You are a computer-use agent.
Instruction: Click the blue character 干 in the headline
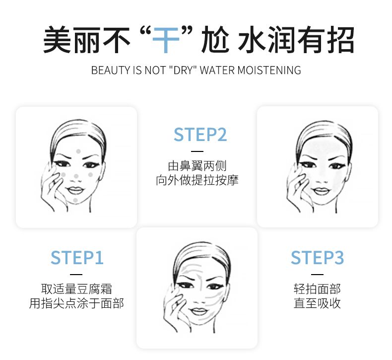166,40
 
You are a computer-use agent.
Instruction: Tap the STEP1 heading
77,258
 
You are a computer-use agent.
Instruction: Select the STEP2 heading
200,135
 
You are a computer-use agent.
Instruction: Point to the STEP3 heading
317,258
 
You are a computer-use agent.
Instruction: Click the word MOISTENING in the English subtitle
269,71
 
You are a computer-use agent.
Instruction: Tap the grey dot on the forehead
78,151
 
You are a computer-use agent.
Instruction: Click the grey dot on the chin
75,200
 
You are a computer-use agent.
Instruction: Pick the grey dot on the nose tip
76,176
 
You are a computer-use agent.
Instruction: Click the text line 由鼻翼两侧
197,166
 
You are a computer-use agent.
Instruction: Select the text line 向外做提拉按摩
197,180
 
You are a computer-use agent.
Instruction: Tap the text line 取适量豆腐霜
76,289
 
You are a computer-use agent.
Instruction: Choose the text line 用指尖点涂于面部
76,303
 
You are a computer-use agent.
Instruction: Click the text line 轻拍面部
317,289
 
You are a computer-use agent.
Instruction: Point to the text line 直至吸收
317,303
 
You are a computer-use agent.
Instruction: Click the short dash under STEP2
197,151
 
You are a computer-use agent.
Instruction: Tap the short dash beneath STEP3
317,275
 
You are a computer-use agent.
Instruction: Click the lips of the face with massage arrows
198,311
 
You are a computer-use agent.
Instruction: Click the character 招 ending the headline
340,40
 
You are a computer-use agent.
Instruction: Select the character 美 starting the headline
57,40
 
